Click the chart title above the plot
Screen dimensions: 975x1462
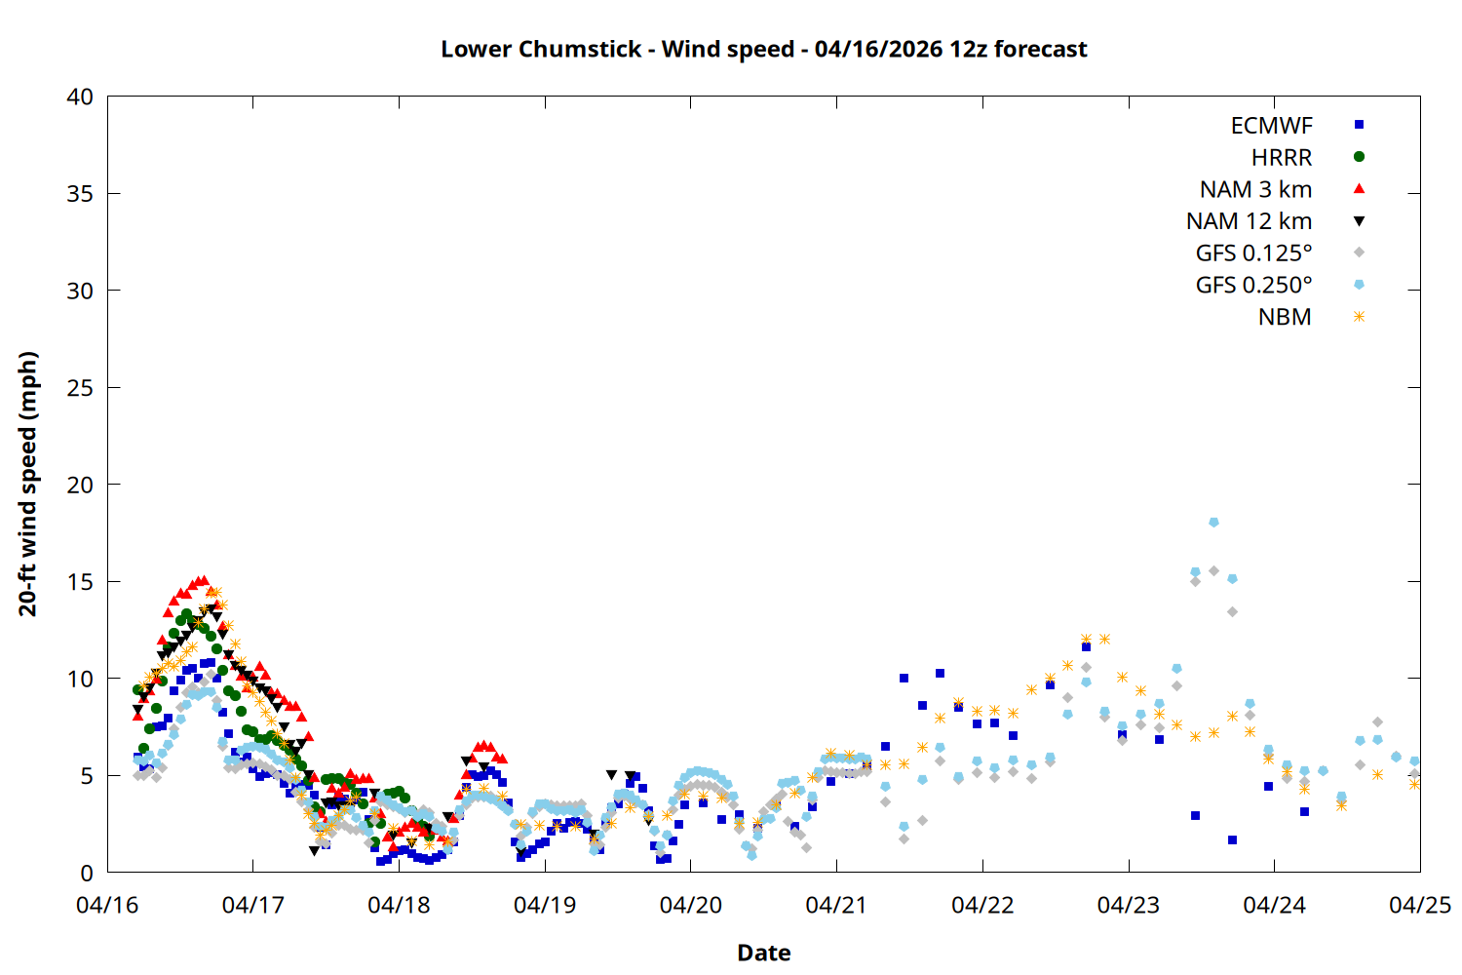763,49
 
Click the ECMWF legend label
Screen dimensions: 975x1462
1271,126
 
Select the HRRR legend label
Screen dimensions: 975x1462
1281,158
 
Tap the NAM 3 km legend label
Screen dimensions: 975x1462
1255,189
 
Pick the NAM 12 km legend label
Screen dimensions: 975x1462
1249,221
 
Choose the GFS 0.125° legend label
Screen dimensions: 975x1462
1253,253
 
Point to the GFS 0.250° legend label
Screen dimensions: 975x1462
1253,285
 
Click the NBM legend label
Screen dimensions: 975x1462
1285,317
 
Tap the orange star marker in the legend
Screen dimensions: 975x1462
1359,317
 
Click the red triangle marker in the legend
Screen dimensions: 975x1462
1359,188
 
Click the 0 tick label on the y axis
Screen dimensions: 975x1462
87,873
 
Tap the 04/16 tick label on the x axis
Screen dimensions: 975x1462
107,906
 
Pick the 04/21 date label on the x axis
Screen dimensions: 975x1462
836,906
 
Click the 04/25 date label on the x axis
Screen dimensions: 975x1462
1419,906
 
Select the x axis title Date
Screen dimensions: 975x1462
763,953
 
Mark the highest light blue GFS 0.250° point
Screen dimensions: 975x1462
1213,523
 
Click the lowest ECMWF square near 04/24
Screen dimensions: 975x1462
1304,811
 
